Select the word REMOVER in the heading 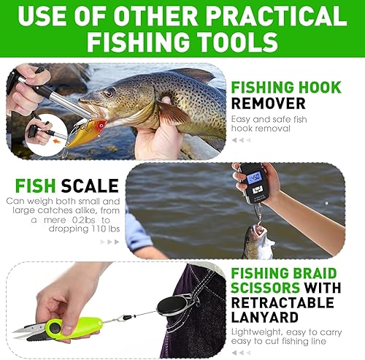[267, 104]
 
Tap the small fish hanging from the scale [257, 242]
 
